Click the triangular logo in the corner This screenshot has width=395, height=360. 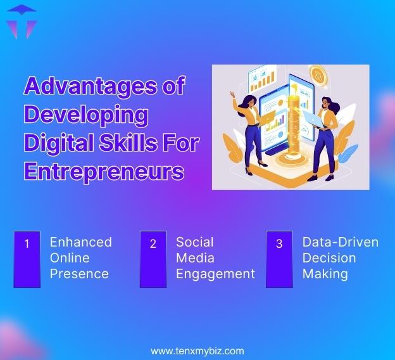(21, 22)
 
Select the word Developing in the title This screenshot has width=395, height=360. (85, 115)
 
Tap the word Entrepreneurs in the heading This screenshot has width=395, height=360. (104, 172)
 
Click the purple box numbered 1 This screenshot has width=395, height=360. (27, 259)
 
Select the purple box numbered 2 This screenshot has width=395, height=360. (153, 259)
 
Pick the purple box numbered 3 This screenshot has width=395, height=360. (279, 259)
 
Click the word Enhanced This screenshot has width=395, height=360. (80, 242)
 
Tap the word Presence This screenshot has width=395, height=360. (79, 274)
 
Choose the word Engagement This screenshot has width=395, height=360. (215, 274)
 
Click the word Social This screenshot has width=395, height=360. (194, 242)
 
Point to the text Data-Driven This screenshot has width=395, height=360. (340, 242)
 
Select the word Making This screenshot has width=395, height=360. (325, 274)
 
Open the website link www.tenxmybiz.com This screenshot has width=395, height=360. (197, 350)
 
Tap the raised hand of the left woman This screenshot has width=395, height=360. (233, 95)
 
